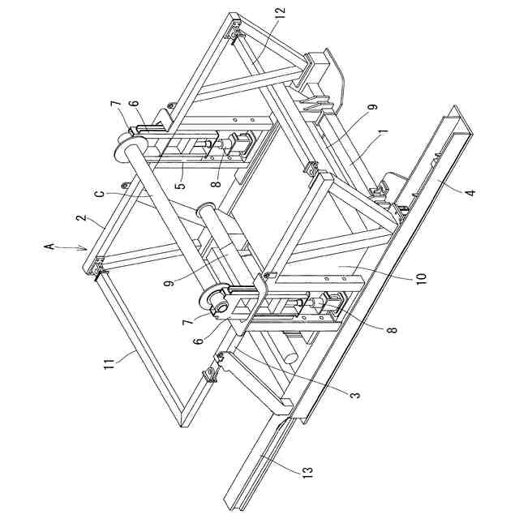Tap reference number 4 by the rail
tap(470, 193)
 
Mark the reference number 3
tap(354, 393)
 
